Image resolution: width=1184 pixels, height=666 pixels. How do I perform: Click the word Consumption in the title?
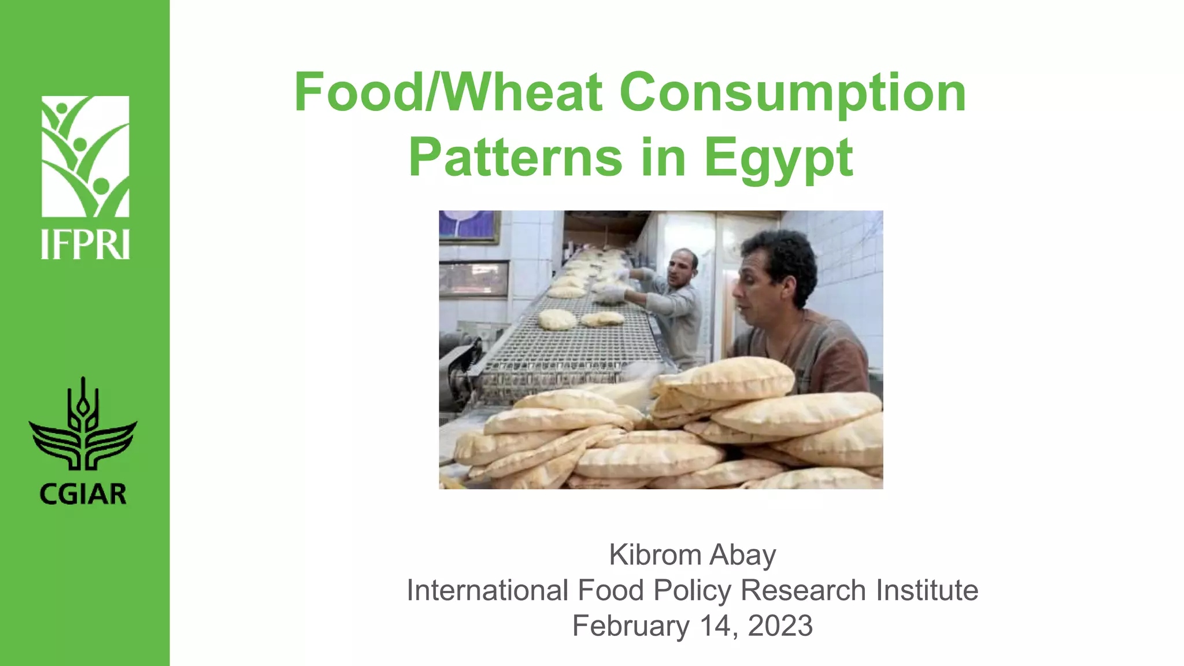point(793,94)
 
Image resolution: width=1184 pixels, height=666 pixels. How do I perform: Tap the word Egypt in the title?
point(778,158)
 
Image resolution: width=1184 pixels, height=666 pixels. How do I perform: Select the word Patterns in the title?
point(515,158)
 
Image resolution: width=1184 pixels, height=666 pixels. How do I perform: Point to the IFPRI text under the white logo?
point(86,245)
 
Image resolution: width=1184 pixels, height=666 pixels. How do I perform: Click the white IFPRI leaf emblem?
point(86,156)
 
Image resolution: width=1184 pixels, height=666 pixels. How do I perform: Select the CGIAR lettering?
point(83,495)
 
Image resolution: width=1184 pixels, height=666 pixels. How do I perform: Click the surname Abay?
point(743,556)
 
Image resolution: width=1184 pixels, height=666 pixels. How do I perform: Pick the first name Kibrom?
point(655,556)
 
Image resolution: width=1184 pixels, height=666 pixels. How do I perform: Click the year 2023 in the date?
point(780,626)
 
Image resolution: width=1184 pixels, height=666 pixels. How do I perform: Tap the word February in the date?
point(631,626)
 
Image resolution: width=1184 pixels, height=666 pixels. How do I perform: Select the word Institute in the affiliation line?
point(927,591)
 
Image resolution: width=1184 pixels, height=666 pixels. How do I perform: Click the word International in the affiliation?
point(487,591)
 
